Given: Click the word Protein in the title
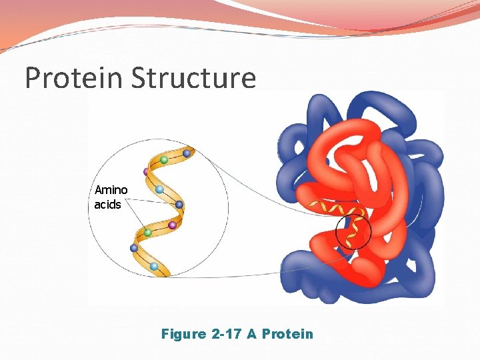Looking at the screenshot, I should (69, 78).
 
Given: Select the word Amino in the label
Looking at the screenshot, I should (111, 191).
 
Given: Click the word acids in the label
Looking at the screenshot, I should (107, 205).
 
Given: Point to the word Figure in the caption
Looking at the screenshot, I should (183, 333).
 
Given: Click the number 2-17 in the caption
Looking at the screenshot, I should (226, 333).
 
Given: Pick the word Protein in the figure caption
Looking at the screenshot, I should (287, 333).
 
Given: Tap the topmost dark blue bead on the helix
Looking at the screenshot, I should (187, 154).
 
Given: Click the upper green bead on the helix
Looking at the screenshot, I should (163, 160).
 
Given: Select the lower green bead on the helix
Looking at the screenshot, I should (148, 233).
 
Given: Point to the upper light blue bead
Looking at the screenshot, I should (159, 190).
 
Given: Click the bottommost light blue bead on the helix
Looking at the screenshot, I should (154, 266).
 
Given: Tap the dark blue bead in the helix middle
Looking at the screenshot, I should (179, 205).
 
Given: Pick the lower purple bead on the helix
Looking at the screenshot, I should (172, 225).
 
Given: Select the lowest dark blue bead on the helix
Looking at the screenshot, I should (135, 248).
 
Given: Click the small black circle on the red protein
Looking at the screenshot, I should (353, 233).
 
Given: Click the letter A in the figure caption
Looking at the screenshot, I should (252, 333).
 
